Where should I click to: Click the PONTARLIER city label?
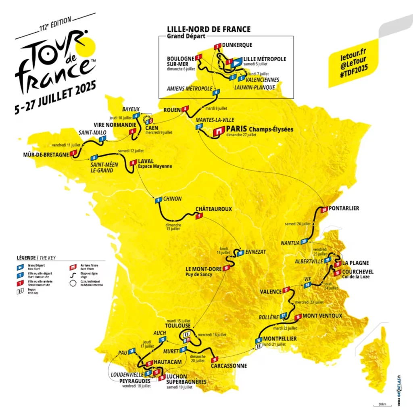click(344, 209)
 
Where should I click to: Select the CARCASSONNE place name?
click(228, 366)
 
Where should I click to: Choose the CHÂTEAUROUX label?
click(214, 209)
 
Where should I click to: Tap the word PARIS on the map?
click(237, 129)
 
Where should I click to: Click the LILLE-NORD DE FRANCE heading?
click(209, 29)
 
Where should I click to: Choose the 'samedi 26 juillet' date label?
click(297, 223)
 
